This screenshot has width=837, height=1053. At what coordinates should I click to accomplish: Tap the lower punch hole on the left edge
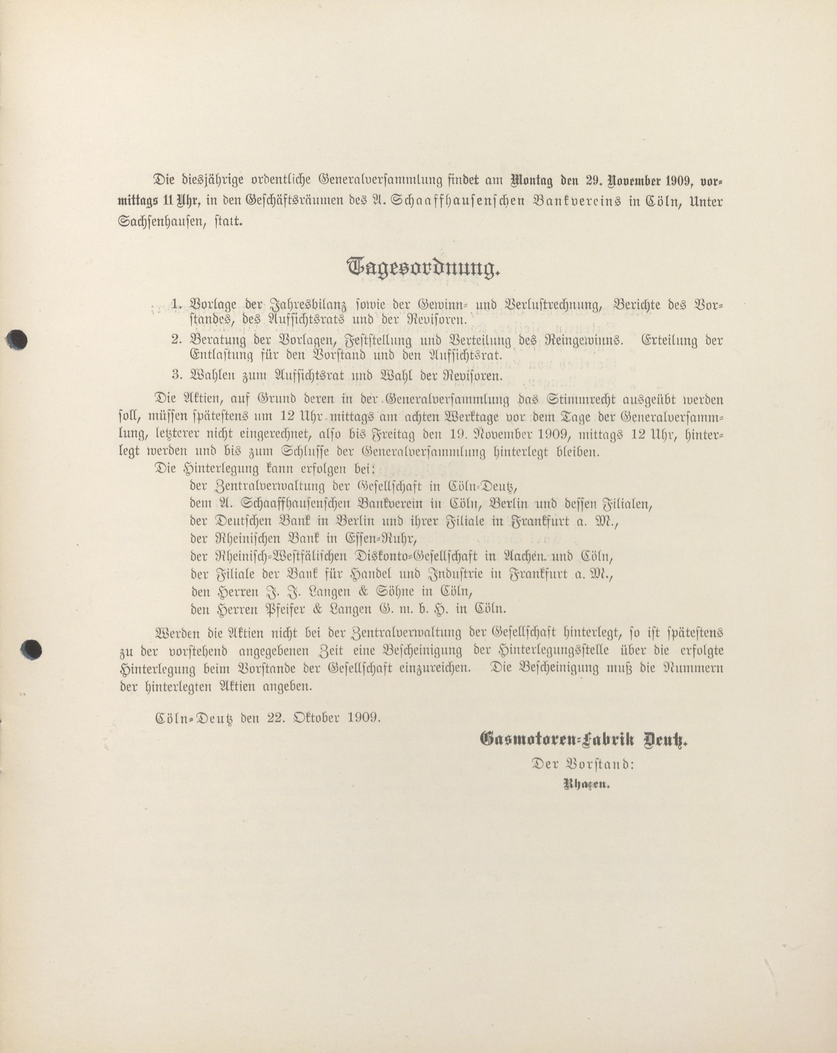(32, 649)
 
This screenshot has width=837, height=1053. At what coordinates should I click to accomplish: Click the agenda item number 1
(176, 304)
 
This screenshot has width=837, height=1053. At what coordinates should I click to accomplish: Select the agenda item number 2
(176, 340)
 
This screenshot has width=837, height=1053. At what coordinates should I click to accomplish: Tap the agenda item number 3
(176, 376)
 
